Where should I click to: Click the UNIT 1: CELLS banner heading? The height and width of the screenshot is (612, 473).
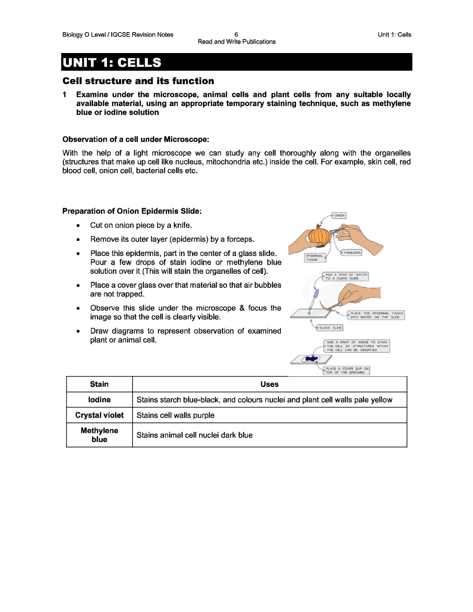tap(112, 63)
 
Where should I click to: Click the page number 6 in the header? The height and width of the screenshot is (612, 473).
tap(236, 35)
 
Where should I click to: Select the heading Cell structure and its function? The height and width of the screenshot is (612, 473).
tap(138, 81)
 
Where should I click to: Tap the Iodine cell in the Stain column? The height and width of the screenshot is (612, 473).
tap(99, 400)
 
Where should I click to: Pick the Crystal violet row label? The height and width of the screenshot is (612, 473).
tap(99, 416)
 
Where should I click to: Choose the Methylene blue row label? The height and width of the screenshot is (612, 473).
tap(99, 435)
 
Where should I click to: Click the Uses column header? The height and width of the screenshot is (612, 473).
tap(270, 384)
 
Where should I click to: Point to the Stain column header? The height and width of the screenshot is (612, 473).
tap(99, 384)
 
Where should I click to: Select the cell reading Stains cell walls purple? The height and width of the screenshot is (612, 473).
tap(176, 416)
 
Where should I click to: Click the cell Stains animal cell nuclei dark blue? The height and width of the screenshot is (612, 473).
tap(194, 435)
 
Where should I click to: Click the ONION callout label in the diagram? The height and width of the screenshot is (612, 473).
tap(339, 216)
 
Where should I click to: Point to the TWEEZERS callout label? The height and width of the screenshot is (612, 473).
tap(352, 253)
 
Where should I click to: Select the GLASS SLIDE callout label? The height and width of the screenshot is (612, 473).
tap(330, 328)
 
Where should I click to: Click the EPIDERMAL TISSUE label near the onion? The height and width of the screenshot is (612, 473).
tap(314, 258)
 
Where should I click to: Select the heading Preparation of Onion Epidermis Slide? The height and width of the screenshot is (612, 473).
tap(132, 211)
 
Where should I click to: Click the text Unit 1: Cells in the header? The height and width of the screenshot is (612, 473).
tap(394, 35)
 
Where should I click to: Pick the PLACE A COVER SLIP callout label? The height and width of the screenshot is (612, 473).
tap(347, 370)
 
